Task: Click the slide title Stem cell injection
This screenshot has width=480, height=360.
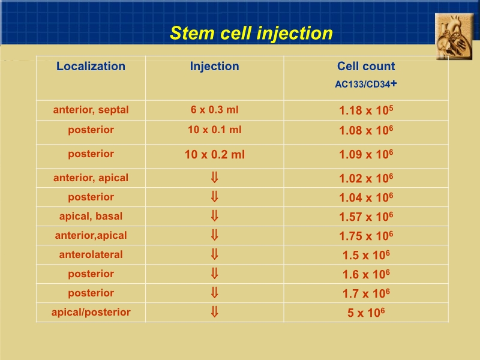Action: coord(251,33)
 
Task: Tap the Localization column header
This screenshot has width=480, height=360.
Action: coord(91,67)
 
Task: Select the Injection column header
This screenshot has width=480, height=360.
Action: coord(214,67)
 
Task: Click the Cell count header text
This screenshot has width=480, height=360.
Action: coord(366,67)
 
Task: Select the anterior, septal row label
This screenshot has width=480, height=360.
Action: coord(91,110)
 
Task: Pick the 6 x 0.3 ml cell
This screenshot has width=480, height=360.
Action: coord(214,110)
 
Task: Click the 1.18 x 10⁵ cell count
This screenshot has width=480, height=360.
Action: coord(366,111)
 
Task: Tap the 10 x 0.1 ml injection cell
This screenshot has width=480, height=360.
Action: coord(214,130)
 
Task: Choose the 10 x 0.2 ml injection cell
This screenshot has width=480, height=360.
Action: coord(214,154)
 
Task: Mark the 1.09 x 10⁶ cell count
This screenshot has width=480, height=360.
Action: coord(366,154)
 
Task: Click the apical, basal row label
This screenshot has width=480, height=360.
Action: coord(91,216)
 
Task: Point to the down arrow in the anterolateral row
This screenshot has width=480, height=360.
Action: coord(214,254)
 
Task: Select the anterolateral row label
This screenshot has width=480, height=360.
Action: coord(91,254)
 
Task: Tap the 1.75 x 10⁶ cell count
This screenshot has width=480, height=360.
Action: coord(366,236)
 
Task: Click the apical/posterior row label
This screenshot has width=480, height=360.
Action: coord(91,312)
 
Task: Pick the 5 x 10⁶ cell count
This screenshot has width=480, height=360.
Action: coord(366,313)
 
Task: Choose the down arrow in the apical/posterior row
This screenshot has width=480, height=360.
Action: coord(214,312)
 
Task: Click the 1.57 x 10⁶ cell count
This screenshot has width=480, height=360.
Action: coord(366,217)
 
